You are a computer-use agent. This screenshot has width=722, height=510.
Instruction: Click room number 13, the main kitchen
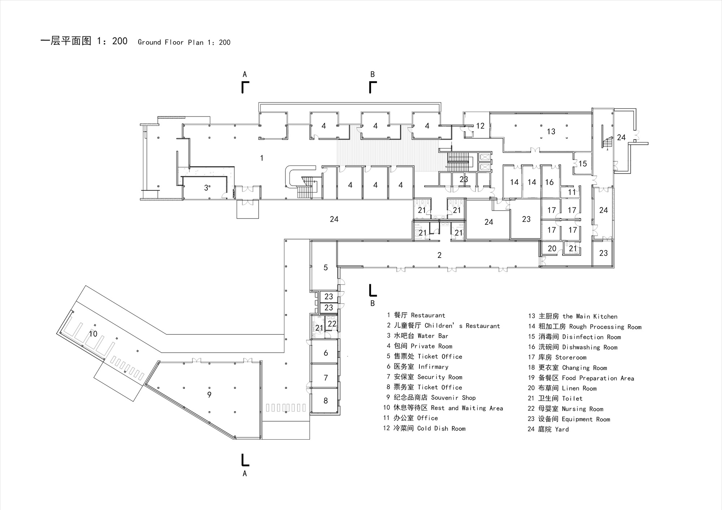tap(551, 132)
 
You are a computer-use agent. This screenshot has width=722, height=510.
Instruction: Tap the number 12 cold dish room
tap(480, 126)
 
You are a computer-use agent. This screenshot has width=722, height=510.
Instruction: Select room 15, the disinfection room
tap(583, 164)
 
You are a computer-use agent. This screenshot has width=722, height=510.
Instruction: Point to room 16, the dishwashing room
tap(549, 182)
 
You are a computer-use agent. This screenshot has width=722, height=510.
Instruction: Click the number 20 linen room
tap(552, 249)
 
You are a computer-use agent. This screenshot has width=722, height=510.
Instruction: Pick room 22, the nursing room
tap(332, 324)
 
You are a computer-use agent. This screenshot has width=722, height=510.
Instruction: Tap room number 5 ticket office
tap(326, 268)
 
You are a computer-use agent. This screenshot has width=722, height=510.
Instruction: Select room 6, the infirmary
tap(326, 353)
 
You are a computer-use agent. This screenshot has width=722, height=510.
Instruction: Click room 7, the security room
tap(326, 378)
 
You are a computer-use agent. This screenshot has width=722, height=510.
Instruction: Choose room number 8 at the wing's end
tap(326, 401)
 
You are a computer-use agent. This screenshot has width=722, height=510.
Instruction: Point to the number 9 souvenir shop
tap(209, 395)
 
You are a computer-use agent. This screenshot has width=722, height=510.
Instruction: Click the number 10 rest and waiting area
tap(93, 334)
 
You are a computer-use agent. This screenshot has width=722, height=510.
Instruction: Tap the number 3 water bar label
tap(206, 188)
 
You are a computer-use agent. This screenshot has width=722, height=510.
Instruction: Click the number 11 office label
tap(572, 192)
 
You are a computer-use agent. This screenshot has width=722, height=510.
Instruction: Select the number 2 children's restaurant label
tap(439, 255)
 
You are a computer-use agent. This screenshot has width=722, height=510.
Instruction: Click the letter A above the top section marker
tap(245, 75)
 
